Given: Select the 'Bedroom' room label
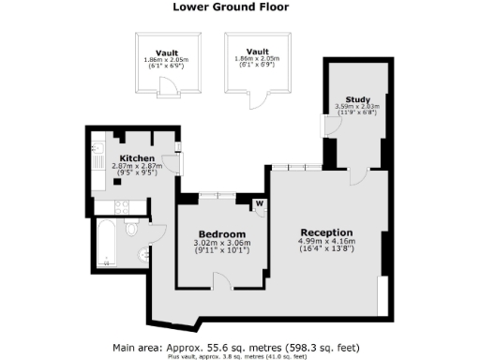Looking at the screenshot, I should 221,233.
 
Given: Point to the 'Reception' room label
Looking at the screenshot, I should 326,232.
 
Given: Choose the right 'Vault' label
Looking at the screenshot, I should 258,52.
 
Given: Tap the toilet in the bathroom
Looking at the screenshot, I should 132,228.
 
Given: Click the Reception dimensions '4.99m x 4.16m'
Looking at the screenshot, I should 326,242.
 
